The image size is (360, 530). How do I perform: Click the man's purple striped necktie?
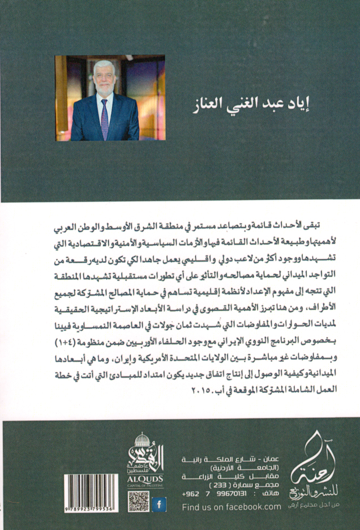click(x=105, y=118)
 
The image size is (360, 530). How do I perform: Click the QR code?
click(x=139, y=502)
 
